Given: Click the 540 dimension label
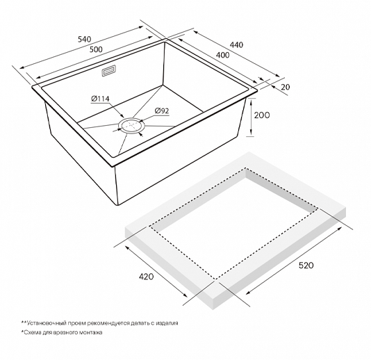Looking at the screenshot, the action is [x=85, y=40].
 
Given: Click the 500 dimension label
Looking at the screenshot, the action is [x=96, y=49].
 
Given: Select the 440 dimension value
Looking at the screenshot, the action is [x=236, y=44].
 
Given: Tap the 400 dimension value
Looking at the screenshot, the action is [x=222, y=55].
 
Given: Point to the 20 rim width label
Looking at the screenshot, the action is [x=286, y=87].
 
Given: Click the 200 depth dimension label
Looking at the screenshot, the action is [x=262, y=115].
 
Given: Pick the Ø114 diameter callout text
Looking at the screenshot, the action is [x=100, y=99].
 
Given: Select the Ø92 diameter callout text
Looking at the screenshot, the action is [x=162, y=111].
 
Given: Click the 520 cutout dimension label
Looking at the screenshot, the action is [x=306, y=265].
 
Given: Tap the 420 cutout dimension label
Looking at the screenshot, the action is [x=146, y=277].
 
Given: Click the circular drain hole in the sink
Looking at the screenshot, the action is [x=131, y=125].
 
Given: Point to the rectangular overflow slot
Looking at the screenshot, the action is [x=109, y=71].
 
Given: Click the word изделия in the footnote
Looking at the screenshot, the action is [x=167, y=323].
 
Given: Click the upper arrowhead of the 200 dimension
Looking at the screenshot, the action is [x=251, y=101].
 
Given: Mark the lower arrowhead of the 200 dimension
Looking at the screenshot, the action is [x=251, y=133].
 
